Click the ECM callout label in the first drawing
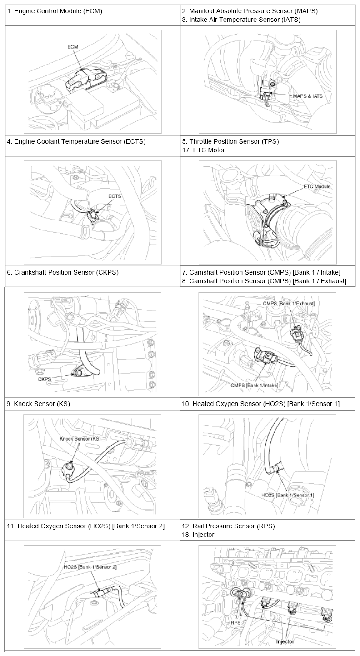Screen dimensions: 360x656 click(x=73, y=47)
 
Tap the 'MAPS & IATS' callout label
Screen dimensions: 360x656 click(x=308, y=96)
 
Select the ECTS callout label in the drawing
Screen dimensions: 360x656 click(x=115, y=196)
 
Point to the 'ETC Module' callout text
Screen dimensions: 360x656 click(x=317, y=186)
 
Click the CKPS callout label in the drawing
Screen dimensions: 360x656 click(x=45, y=379)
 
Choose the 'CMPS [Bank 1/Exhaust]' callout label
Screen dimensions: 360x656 click(x=289, y=303)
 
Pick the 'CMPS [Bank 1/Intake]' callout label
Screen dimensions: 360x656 click(x=254, y=386)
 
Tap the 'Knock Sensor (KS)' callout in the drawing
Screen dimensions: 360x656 click(x=80, y=439)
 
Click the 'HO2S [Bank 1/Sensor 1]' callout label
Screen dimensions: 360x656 click(x=288, y=495)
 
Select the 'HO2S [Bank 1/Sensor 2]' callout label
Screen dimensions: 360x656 click(x=90, y=567)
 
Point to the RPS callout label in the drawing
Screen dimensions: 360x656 click(x=235, y=623)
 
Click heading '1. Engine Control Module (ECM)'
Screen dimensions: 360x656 click(x=55, y=11)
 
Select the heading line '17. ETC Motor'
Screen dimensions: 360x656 click(x=203, y=150)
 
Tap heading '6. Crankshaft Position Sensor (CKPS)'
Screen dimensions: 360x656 click(x=63, y=272)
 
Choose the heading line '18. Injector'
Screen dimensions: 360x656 click(x=198, y=535)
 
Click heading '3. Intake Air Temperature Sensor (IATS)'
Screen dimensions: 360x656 click(x=241, y=20)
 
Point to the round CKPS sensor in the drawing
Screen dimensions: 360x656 click(x=78, y=372)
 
